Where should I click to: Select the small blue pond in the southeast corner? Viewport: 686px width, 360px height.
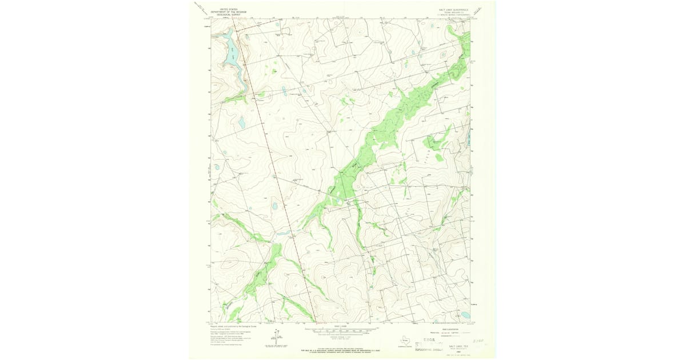click(x=465, y=315)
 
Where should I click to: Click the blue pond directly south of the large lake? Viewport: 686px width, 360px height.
click(x=241, y=122)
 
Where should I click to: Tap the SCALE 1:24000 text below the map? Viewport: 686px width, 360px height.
click(x=342, y=327)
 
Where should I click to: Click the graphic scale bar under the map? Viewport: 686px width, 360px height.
click(x=342, y=330)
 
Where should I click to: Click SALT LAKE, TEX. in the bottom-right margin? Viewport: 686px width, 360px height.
click(x=457, y=346)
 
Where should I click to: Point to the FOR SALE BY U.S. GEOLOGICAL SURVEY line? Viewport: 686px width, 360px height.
click(x=342, y=349)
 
